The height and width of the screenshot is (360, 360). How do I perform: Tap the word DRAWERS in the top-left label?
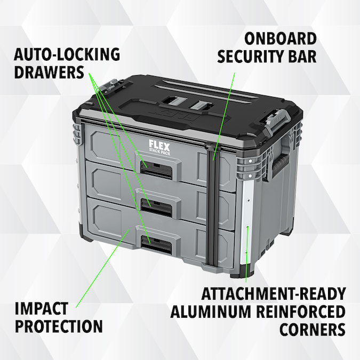point(50,72)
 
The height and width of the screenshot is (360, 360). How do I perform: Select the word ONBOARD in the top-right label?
point(280,39)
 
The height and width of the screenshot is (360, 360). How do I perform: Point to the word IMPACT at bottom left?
point(41,309)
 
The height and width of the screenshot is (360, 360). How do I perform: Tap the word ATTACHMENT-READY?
point(274,294)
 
